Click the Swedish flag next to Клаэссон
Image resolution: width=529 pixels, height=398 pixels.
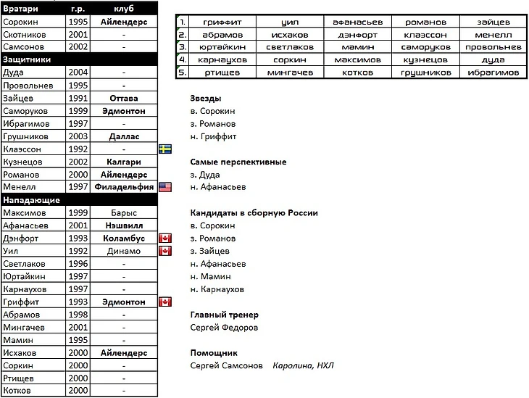click(x=165, y=149)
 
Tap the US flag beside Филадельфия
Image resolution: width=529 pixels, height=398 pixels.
click(x=165, y=187)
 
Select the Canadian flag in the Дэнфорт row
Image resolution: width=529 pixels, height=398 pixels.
click(x=165, y=239)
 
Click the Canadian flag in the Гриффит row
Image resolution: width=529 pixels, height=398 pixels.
click(x=165, y=302)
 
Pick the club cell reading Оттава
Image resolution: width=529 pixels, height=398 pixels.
click(x=124, y=98)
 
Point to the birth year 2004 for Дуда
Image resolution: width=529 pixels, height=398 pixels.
click(x=78, y=72)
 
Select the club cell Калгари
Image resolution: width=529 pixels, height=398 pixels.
click(x=124, y=162)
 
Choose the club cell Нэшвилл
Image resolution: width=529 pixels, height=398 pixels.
click(x=124, y=225)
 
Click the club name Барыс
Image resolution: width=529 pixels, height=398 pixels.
click(x=124, y=213)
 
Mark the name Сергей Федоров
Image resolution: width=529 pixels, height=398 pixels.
click(x=223, y=328)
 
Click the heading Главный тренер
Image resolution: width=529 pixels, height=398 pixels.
click(x=224, y=315)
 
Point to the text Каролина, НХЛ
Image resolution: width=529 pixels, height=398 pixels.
click(x=304, y=366)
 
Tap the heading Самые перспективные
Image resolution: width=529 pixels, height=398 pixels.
click(x=238, y=162)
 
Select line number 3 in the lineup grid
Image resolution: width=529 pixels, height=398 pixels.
click(x=183, y=47)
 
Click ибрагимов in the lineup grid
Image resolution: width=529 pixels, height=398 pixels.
click(x=493, y=72)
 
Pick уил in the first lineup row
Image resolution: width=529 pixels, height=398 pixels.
click(x=290, y=22)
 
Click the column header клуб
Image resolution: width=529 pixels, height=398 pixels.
click(x=124, y=9)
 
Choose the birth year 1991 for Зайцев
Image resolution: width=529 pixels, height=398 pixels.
click(x=78, y=98)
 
